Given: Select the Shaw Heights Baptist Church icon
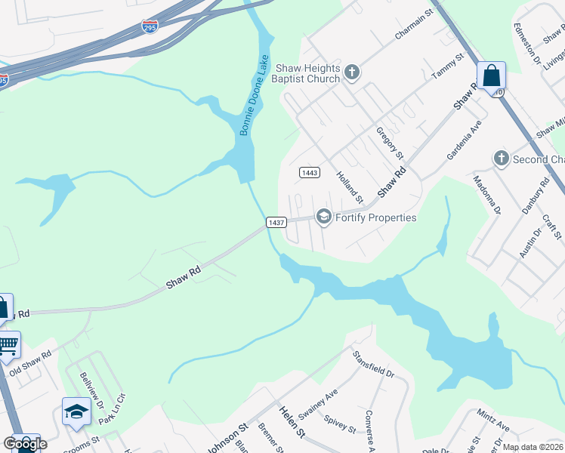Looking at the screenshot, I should (x=351, y=72).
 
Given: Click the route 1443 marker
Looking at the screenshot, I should (x=309, y=172).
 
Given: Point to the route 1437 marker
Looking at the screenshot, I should (x=276, y=222).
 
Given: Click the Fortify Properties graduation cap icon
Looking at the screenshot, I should (x=323, y=217).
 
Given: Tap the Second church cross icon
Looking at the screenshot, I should (x=501, y=159).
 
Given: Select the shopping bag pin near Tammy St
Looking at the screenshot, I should (x=491, y=77).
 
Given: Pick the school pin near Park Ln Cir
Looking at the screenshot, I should (x=76, y=412).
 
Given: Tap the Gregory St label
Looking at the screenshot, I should (x=390, y=143).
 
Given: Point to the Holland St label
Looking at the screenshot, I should (x=350, y=187).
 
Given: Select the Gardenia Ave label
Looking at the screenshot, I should (x=464, y=139).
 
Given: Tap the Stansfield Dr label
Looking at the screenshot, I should (x=374, y=363).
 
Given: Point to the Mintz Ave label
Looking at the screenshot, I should (x=493, y=421).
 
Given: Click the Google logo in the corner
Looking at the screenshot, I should (x=25, y=444).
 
